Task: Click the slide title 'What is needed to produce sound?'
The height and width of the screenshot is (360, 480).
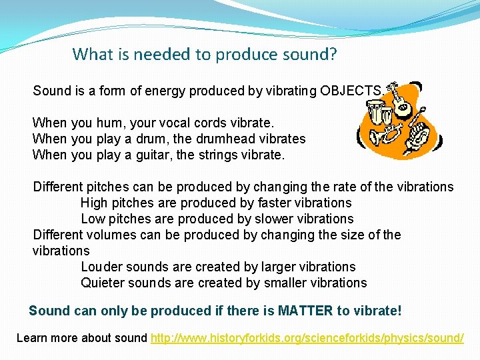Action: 205,54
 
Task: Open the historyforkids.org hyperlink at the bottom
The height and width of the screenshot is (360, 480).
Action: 307,338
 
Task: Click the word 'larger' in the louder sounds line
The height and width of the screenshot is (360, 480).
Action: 279,267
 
